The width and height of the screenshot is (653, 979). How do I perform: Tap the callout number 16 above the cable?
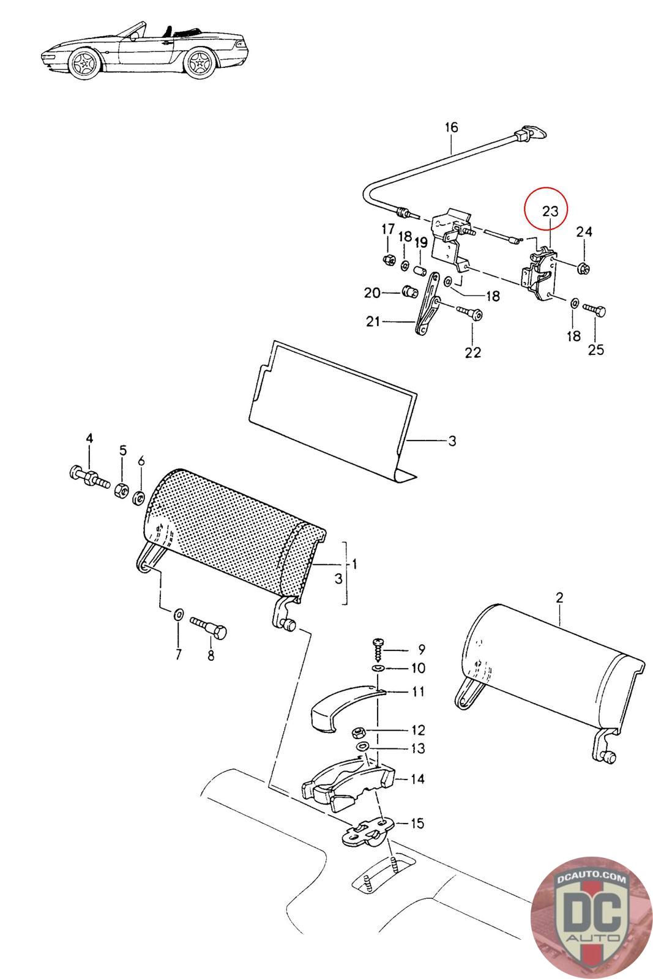[x=451, y=128]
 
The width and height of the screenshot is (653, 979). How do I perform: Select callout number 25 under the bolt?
[x=595, y=349]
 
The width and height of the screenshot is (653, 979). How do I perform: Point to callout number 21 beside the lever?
[x=373, y=321]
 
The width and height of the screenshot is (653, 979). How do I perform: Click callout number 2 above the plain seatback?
[x=559, y=598]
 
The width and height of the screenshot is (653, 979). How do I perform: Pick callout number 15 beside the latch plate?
[x=416, y=823]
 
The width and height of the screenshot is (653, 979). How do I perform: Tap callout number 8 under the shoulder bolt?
[x=211, y=655]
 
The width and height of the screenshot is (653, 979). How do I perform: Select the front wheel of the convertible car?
[x=83, y=63]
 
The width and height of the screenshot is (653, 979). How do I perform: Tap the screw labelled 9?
[x=378, y=646]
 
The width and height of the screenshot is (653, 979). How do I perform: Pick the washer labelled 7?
[x=179, y=614]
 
